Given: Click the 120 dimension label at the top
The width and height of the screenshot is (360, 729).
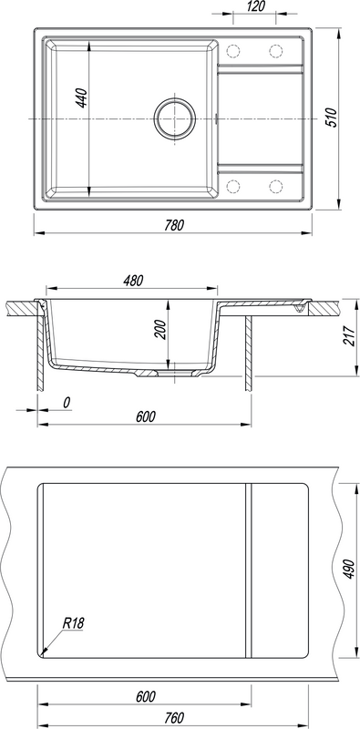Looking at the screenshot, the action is click(x=255, y=6).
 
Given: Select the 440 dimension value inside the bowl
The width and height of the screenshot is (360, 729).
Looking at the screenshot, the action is click(x=82, y=98).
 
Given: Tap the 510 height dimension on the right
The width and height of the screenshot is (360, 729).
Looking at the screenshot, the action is click(x=330, y=118).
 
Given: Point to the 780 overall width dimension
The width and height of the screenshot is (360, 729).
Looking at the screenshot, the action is click(x=174, y=225).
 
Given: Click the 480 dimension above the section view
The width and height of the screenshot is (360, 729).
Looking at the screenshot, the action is click(x=133, y=281).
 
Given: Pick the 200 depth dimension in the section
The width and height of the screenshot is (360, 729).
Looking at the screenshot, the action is click(x=160, y=330).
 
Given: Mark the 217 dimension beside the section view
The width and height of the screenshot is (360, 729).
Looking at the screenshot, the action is click(x=348, y=335).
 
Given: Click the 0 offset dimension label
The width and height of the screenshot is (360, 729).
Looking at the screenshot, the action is click(x=67, y=403).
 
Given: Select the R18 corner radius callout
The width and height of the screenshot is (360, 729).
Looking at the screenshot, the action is click(x=74, y=623).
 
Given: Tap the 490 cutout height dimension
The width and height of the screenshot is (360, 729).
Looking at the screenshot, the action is click(x=349, y=570).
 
